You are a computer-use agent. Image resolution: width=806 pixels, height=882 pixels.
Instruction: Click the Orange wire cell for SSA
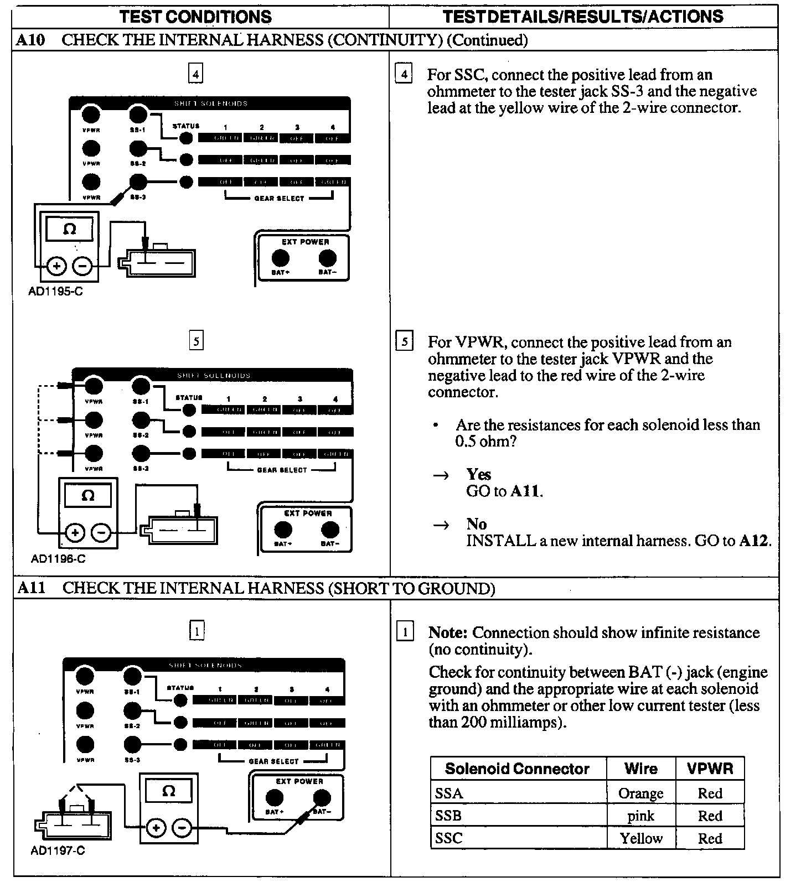[640, 793]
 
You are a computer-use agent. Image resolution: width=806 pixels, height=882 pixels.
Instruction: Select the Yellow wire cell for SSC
[640, 838]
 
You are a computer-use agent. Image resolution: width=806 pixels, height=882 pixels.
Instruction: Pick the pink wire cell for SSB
[640, 816]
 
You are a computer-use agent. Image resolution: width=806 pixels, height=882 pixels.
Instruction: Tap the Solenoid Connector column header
[517, 769]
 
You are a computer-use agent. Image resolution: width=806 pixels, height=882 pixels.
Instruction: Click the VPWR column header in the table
[710, 769]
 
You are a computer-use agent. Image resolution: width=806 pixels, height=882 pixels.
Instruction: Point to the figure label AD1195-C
[55, 291]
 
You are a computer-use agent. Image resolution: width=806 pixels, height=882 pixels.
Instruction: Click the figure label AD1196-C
[58, 559]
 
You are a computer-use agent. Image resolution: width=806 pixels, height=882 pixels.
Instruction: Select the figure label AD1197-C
[58, 850]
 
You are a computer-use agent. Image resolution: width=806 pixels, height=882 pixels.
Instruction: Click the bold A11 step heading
[31, 588]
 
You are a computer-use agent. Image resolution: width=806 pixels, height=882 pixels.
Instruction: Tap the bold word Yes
[478, 474]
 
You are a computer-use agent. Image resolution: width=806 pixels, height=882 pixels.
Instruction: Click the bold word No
[476, 524]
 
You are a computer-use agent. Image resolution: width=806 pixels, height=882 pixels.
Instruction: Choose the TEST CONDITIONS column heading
[195, 17]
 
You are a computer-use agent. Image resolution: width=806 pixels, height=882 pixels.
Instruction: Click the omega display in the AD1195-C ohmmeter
[69, 229]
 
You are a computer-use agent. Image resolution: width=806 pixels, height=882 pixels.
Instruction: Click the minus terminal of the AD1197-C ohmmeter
[182, 828]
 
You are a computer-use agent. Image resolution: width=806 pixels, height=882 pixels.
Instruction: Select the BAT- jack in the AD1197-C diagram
[322, 798]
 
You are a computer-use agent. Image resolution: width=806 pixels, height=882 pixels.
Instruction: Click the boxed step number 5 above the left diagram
[196, 340]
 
